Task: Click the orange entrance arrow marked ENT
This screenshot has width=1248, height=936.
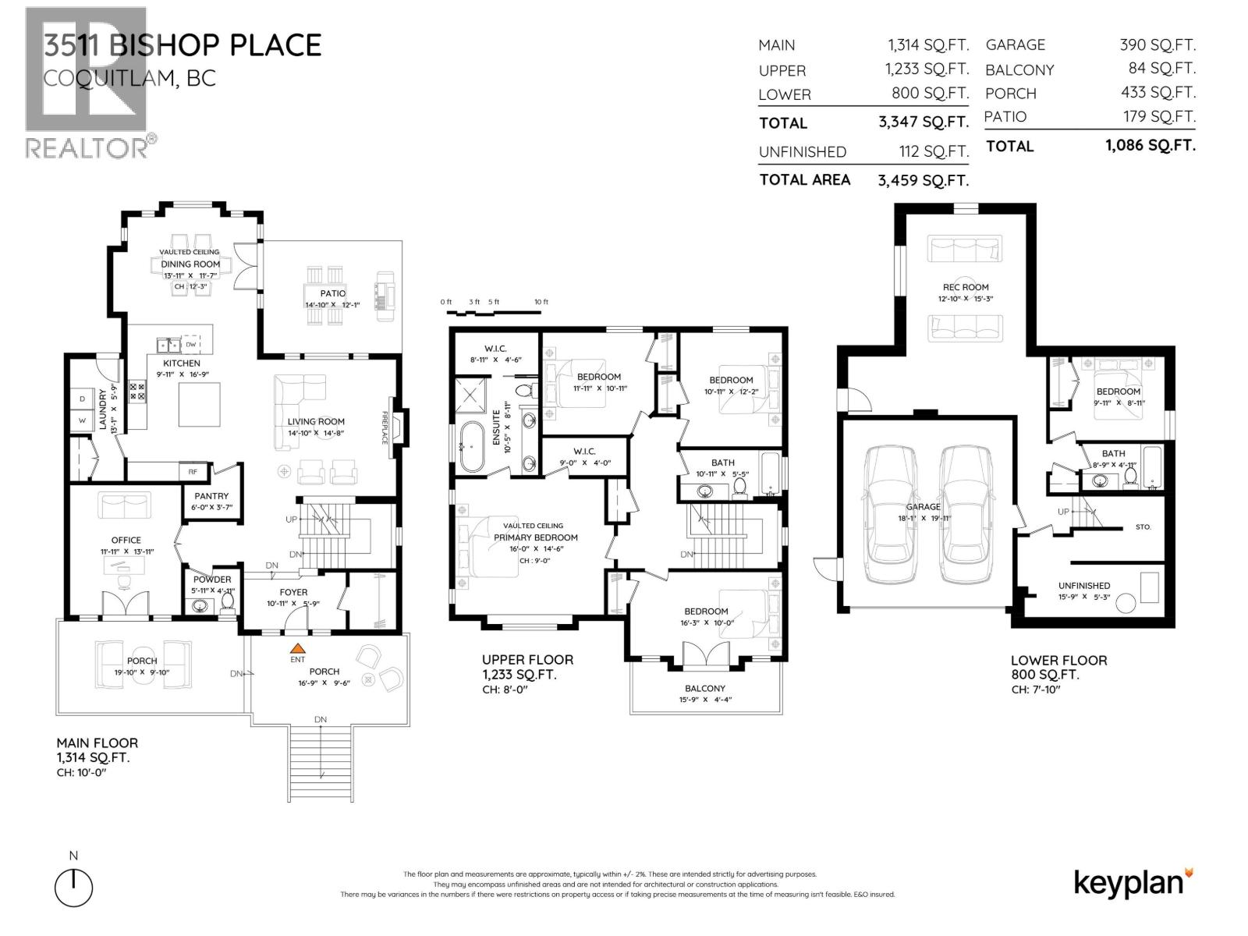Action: (297, 647)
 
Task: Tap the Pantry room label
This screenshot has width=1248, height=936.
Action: (211, 496)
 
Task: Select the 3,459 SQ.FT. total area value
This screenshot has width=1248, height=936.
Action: (923, 180)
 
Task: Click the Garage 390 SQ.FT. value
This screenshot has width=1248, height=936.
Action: (1157, 45)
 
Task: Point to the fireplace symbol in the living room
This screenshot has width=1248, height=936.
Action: (397, 427)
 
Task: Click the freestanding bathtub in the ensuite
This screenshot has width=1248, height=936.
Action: (472, 447)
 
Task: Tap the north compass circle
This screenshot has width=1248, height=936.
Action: (74, 888)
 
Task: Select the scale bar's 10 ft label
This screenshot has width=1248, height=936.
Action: (541, 302)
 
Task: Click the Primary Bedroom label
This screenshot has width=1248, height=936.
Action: (536, 537)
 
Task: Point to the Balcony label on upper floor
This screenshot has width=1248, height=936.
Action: (705, 688)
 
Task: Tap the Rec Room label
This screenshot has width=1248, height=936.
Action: (965, 287)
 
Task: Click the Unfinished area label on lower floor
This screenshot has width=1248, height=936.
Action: (1084, 586)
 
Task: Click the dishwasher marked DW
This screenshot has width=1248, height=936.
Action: (191, 344)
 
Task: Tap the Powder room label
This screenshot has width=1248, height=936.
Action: (212, 580)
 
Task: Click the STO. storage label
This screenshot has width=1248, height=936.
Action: (1143, 527)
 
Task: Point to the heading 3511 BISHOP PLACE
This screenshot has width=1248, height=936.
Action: (182, 45)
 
